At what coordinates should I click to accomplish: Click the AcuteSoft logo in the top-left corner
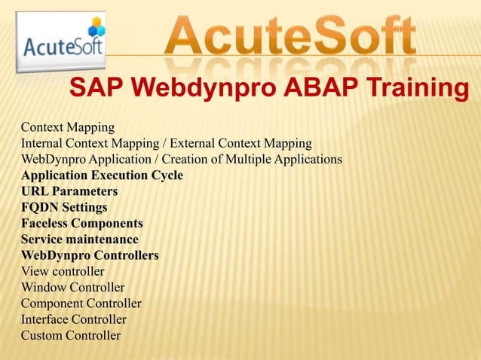(62, 42)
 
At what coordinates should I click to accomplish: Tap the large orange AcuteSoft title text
(290, 35)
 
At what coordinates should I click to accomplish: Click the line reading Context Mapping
(68, 127)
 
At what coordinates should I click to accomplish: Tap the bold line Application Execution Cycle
(102, 175)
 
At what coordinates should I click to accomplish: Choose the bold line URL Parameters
(69, 191)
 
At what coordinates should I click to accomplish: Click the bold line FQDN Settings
(64, 207)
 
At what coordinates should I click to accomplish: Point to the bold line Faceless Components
(81, 224)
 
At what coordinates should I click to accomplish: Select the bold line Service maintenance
(80, 239)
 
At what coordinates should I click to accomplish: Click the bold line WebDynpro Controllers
(90, 255)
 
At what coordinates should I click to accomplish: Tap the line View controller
(63, 271)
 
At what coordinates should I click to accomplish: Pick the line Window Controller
(72, 288)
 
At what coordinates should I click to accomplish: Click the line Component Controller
(81, 304)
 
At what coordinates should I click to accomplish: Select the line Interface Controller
(73, 319)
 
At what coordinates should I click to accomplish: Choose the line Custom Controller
(70, 335)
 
